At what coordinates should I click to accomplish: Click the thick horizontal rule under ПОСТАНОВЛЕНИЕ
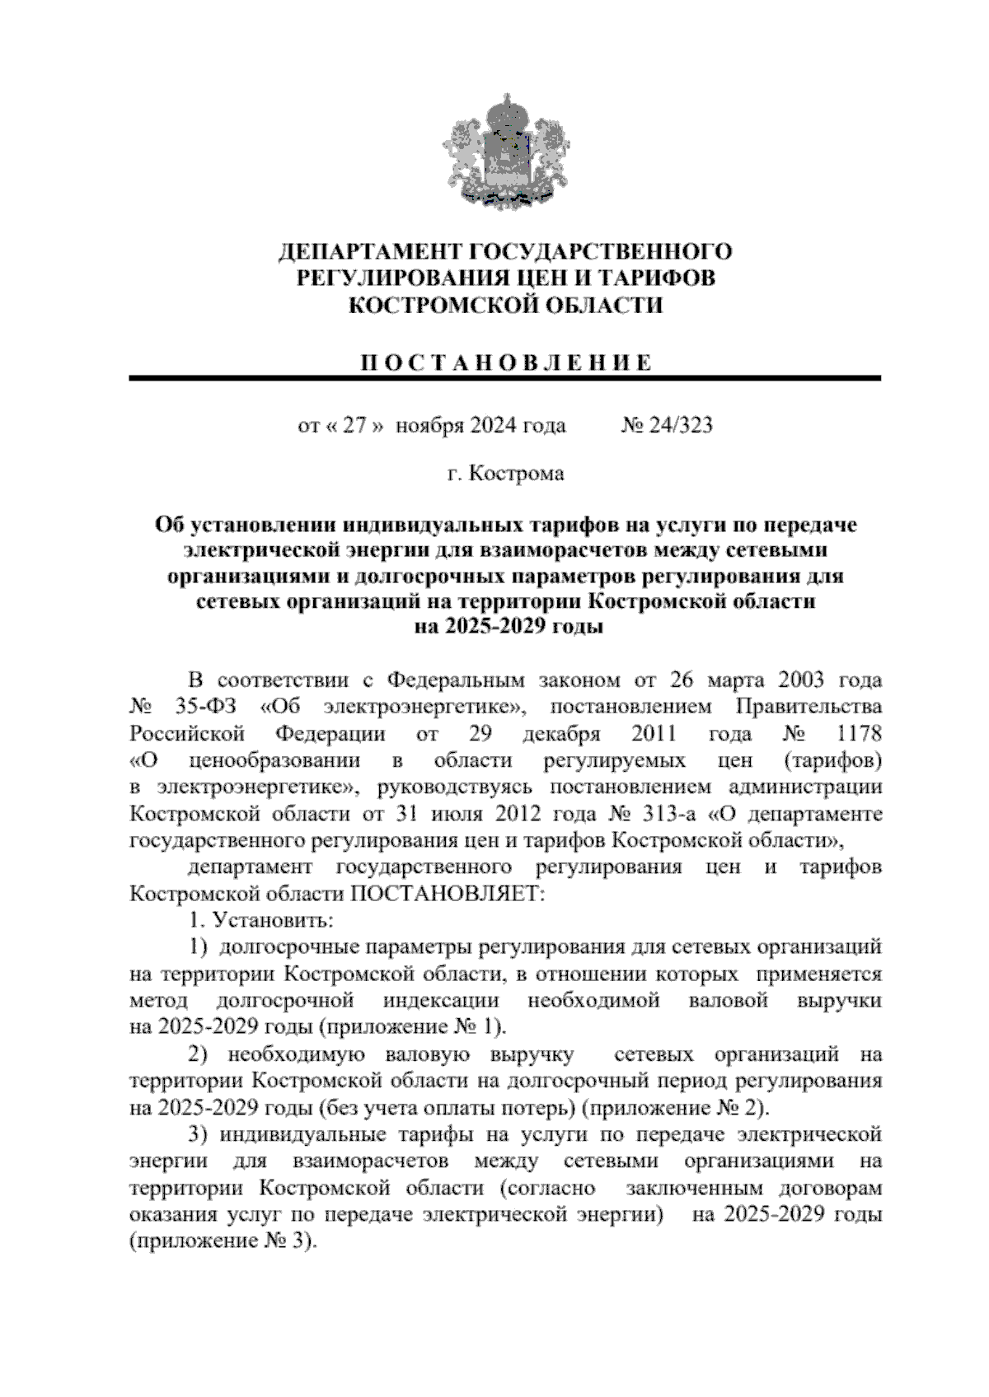point(504,378)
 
